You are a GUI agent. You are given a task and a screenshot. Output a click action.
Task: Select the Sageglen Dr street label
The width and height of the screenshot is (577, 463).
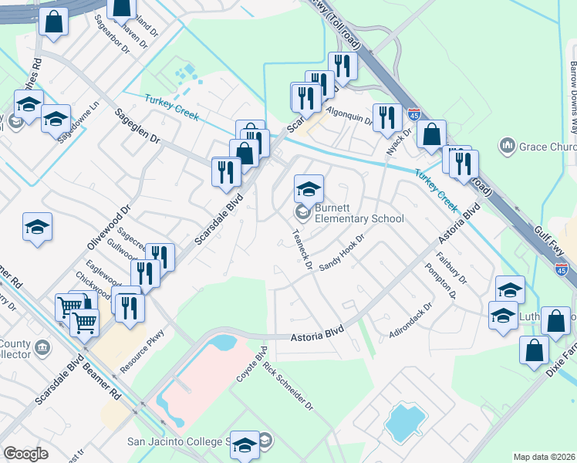[x=137, y=127]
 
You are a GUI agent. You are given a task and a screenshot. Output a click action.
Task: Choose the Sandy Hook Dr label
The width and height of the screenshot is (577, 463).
[x=341, y=252]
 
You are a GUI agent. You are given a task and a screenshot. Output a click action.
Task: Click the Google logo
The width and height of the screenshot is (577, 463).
[x=25, y=454]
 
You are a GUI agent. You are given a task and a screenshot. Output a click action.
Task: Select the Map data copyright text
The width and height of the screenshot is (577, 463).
[x=544, y=457]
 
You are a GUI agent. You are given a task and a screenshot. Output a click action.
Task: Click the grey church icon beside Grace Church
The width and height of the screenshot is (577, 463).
[x=508, y=145]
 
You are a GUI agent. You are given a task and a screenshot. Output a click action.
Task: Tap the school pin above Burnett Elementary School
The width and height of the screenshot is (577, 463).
[x=309, y=189]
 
